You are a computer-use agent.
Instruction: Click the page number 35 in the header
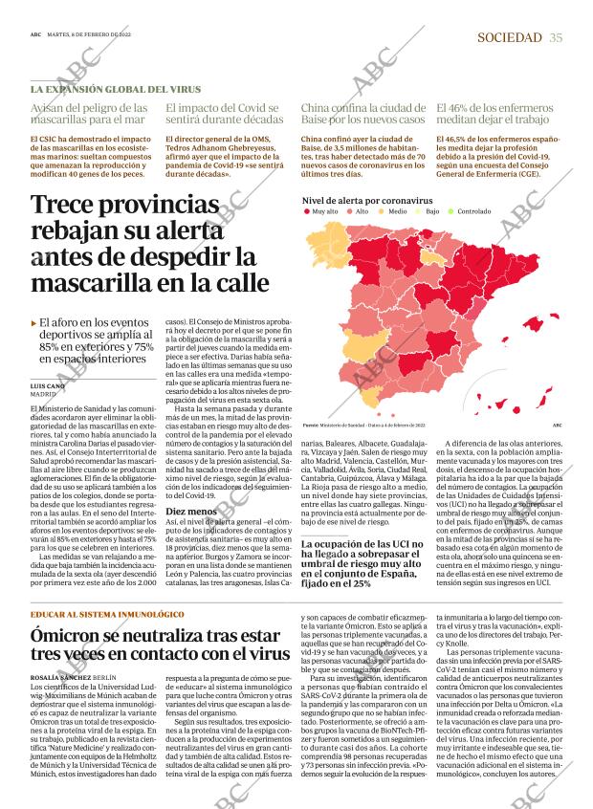(x=556, y=37)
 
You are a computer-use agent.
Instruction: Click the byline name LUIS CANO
(x=48, y=385)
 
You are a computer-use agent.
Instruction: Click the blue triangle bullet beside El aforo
(x=34, y=324)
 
